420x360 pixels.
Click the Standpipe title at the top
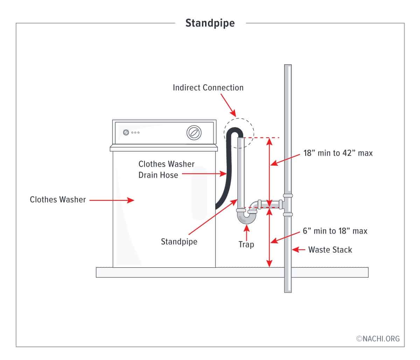point(210,23)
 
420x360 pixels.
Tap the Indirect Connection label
point(208,87)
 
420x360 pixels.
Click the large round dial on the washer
point(193,133)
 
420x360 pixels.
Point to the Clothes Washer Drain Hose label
point(166,169)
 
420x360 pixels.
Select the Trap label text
point(246,244)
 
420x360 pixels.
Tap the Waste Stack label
point(330,250)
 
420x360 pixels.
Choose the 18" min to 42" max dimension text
point(338,153)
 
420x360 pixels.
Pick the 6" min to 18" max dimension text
point(335,231)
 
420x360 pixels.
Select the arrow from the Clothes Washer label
point(112,200)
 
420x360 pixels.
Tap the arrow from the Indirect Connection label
point(229,106)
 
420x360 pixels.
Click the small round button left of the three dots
point(126,132)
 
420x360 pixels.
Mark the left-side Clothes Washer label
point(58,199)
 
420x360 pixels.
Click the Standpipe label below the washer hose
point(179,241)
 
